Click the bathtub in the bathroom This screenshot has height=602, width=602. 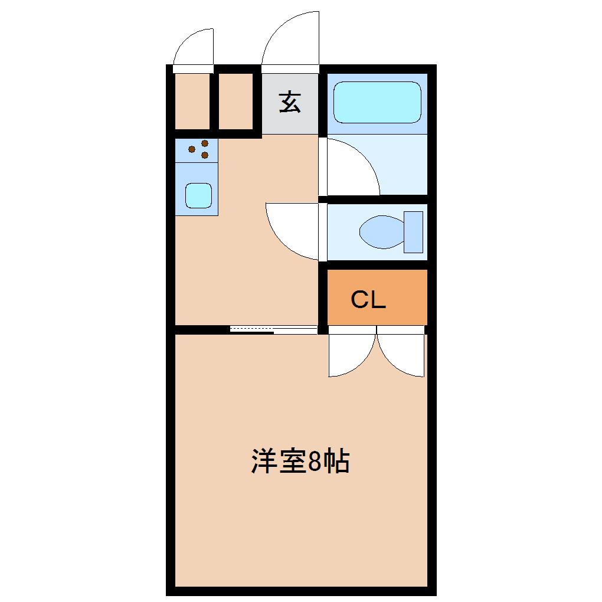click(x=377, y=102)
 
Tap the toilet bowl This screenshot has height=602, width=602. click(x=382, y=232)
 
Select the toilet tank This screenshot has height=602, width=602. click(x=414, y=232)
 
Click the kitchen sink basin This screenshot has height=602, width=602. click(x=198, y=195)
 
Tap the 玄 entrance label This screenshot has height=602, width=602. click(x=290, y=102)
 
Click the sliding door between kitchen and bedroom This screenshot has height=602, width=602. click(x=274, y=329)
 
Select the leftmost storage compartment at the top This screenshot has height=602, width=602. click(x=192, y=102)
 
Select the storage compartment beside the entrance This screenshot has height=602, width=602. click(x=235, y=102)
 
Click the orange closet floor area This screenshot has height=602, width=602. click(x=377, y=297)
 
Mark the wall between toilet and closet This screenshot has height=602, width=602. click(x=377, y=265)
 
